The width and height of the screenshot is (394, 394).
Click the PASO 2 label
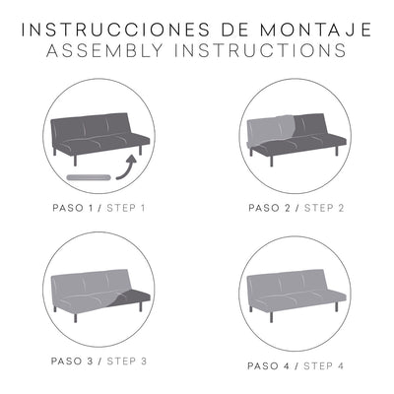click(x=272, y=208)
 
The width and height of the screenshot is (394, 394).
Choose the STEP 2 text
click(x=323, y=208)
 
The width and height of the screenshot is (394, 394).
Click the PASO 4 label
click(x=272, y=365)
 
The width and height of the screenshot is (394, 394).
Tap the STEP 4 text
click(x=323, y=365)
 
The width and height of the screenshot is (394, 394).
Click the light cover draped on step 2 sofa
click(x=271, y=133)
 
